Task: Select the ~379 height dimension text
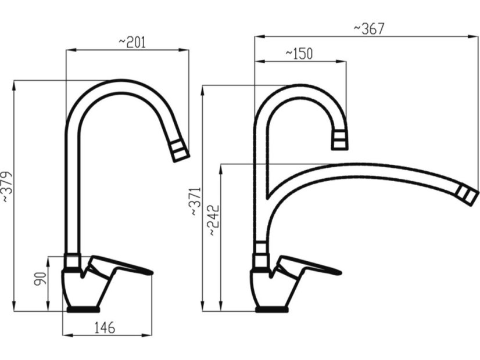pos(6,186)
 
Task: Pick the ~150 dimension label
pos(299,53)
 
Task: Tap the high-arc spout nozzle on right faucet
pos(341,140)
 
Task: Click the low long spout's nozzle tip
pos(467,195)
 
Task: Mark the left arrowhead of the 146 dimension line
pos(65,335)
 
